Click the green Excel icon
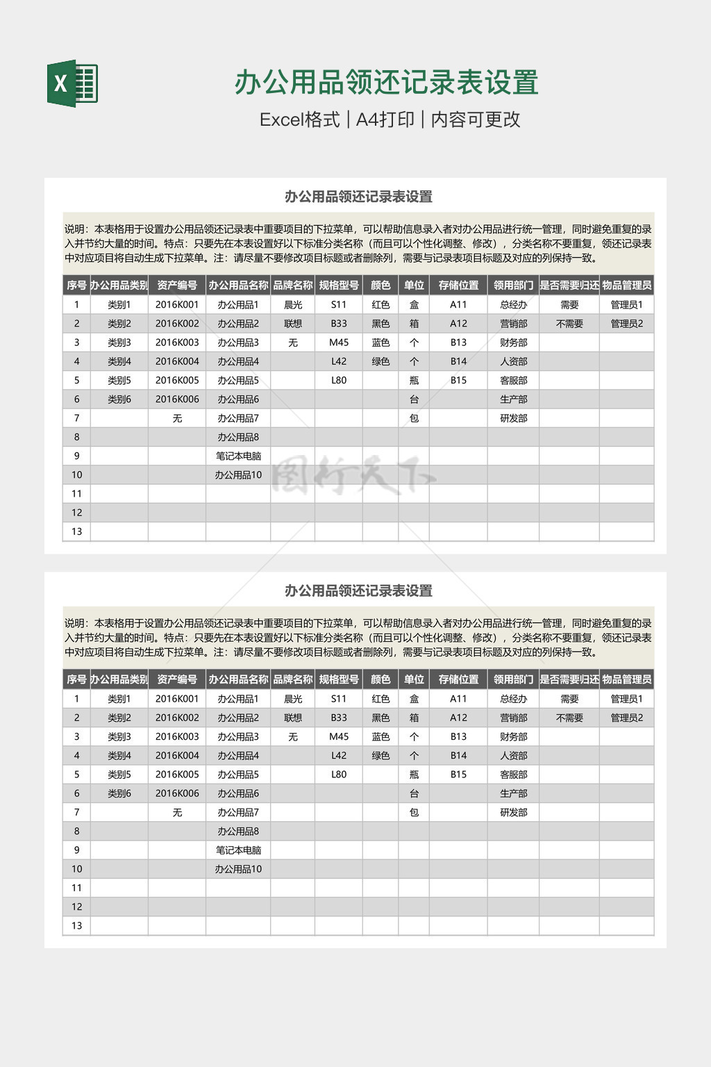[x=72, y=83]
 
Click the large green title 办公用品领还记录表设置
[x=386, y=82]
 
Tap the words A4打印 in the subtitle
[x=385, y=119]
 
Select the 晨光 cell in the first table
[x=293, y=304]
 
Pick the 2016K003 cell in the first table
[x=177, y=342]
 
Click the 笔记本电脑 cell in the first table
[x=238, y=456]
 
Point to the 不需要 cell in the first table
[x=569, y=324]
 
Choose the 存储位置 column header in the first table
[x=458, y=286]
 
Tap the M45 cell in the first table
[x=339, y=342]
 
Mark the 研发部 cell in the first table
[x=514, y=418]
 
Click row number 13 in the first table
[x=76, y=531]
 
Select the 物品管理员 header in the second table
[x=626, y=679]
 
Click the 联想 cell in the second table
[x=293, y=718]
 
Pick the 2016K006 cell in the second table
[x=177, y=793]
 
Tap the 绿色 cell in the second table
[x=380, y=756]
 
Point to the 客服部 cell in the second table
[x=514, y=775]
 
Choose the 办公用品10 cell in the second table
[x=238, y=869]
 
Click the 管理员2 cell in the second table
[x=626, y=718]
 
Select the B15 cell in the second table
[x=458, y=775]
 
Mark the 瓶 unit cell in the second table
[x=414, y=775]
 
